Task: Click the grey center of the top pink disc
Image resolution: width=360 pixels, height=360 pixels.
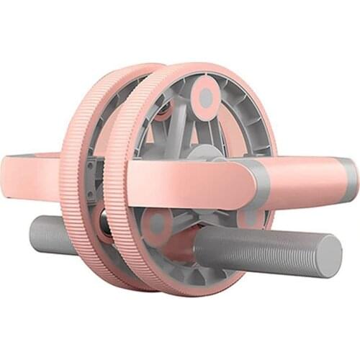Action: [206, 96]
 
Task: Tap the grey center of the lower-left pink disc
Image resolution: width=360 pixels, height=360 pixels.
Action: [157, 225]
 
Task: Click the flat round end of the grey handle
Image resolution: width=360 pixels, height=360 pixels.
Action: [330, 256]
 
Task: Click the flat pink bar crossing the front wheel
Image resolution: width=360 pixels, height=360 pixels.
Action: [187, 184]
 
